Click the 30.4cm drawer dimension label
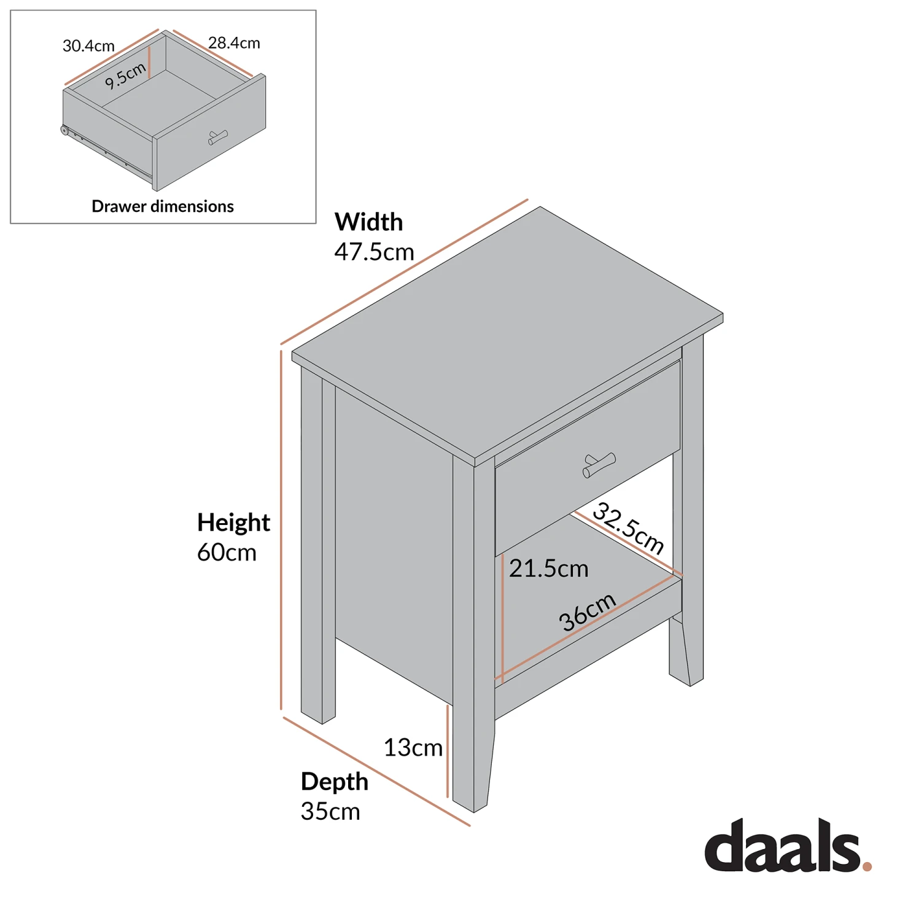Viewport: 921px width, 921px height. [x=88, y=46]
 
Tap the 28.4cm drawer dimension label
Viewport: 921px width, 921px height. [x=234, y=43]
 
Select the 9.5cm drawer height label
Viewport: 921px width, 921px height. [x=125, y=76]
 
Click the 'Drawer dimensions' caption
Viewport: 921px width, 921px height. [x=163, y=206]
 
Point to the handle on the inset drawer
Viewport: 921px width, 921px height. [x=217, y=138]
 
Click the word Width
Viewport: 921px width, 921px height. [x=368, y=222]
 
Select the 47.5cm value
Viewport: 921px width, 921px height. [x=374, y=252]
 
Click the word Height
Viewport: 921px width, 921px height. [x=233, y=523]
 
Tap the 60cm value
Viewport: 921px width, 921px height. [x=227, y=553]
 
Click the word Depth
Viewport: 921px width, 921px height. [x=334, y=782]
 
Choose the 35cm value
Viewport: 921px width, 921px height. [x=330, y=812]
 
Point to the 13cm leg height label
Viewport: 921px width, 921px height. [x=413, y=748]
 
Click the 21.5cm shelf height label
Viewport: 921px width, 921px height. [x=548, y=569]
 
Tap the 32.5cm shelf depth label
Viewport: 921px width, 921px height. [x=628, y=528]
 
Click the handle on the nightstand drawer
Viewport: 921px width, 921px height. [x=599, y=465]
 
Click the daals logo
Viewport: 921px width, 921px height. [x=783, y=846]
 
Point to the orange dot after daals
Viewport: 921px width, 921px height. [x=866, y=866]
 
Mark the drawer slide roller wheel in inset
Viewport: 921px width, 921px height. [x=64, y=130]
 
